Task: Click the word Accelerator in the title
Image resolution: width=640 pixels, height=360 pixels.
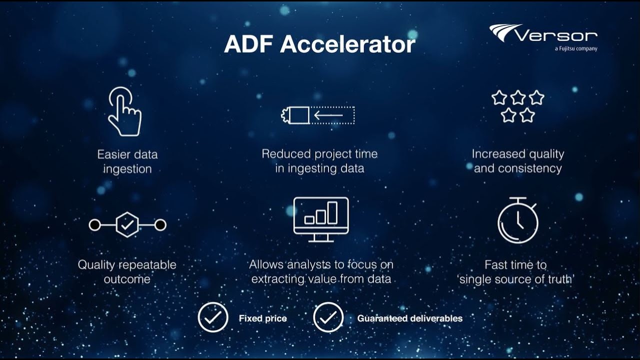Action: tap(347, 44)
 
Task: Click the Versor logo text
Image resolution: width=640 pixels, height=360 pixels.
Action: tap(555, 35)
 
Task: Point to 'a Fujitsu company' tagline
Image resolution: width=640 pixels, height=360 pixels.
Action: tap(575, 49)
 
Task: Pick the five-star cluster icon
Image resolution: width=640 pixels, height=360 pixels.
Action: tap(517, 106)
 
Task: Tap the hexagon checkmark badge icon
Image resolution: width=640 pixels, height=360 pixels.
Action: tap(127, 225)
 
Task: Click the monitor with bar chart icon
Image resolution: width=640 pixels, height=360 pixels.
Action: tap(320, 219)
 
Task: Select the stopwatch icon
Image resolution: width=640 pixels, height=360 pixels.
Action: tap(518, 220)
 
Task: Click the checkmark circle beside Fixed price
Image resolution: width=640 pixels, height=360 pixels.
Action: tap(213, 318)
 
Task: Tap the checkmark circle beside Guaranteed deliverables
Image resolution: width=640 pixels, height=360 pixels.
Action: tap(328, 318)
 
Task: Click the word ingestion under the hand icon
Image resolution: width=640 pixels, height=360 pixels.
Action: tap(127, 169)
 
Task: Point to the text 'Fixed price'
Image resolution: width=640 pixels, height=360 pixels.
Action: tap(262, 318)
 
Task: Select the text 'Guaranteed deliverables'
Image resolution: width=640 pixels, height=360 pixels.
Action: tap(409, 318)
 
